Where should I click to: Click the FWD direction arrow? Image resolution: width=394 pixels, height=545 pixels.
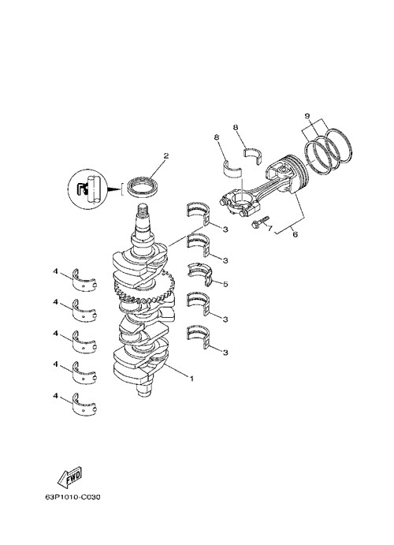tap(69, 476)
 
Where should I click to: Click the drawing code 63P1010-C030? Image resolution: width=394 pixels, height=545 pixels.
tap(72, 497)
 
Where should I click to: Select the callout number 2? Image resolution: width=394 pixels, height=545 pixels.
tap(166, 155)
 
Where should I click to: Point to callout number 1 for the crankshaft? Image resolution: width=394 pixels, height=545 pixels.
tap(191, 379)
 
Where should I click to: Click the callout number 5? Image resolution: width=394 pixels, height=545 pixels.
tap(225, 284)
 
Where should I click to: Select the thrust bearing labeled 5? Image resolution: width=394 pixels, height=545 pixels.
tap(200, 273)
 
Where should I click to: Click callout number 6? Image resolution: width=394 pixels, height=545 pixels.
tap(295, 234)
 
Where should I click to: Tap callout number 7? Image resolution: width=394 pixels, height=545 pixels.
tap(269, 228)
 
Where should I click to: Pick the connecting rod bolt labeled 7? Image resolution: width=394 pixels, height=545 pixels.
tap(260, 222)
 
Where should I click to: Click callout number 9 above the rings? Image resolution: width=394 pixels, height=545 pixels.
tap(307, 116)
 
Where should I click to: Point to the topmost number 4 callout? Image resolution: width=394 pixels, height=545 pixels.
tap(55, 271)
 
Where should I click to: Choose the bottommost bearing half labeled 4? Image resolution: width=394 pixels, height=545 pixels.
tap(84, 404)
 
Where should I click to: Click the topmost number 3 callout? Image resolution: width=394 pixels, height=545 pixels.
tap(225, 230)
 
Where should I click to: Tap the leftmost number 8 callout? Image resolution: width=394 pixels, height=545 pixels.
tap(217, 138)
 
